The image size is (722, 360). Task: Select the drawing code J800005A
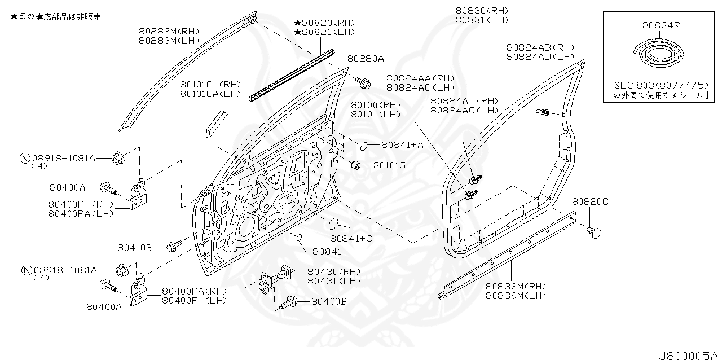tap(688, 355)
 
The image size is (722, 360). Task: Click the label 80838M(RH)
tap(516, 286)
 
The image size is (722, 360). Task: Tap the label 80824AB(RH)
tap(540, 48)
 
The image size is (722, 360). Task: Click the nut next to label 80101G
tap(356, 165)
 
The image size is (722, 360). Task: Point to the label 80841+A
tap(402, 145)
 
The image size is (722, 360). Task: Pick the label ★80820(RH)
tap(324, 23)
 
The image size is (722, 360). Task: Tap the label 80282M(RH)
tap(169, 32)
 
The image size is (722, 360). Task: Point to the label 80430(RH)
tap(334, 271)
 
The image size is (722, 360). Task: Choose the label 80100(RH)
tap(375, 105)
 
